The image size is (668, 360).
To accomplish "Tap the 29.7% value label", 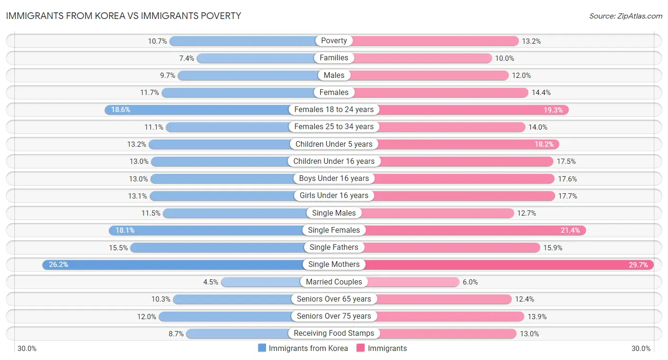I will point(638,265).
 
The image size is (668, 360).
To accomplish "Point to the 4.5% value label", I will point(210,282).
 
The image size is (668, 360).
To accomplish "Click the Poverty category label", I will point(334,41).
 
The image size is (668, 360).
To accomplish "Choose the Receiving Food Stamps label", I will point(334,333).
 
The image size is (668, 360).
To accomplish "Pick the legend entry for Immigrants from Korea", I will point(303,348).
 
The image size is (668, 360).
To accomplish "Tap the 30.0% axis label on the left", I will point(27,349).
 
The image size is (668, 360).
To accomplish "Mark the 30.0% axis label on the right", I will point(640,349).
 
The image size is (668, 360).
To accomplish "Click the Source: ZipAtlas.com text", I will point(625,16).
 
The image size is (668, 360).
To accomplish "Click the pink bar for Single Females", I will point(475,230).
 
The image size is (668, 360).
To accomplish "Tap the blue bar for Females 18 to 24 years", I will point(200,110).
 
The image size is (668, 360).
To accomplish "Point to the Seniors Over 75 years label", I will point(334,316).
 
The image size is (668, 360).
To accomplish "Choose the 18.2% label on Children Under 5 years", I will point(546,144).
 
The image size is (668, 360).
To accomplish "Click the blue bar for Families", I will point(257,58).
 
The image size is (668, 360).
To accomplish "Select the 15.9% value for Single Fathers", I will point(553,247).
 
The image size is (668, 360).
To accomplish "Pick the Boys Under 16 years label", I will point(334,179).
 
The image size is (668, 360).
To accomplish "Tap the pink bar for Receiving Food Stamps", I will point(447,333).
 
